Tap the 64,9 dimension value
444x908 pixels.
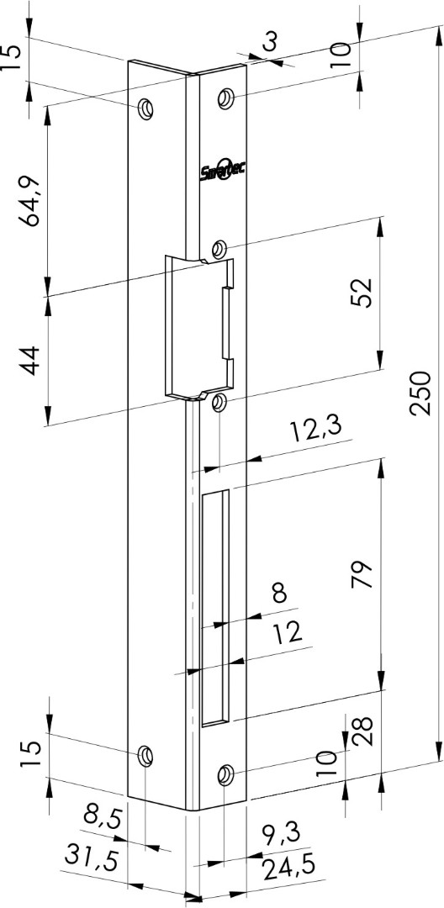tap(29, 201)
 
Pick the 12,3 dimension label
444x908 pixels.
tap(316, 430)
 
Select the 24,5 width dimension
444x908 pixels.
tap(288, 868)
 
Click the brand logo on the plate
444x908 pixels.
tap(223, 170)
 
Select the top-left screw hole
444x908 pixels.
tap(145, 108)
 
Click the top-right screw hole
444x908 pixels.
tap(225, 98)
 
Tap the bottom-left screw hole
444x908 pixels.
tap(145, 756)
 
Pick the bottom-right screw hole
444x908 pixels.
tap(225, 775)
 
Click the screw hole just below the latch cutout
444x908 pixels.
tap(219, 402)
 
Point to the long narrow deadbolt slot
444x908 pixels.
tap(215, 608)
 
